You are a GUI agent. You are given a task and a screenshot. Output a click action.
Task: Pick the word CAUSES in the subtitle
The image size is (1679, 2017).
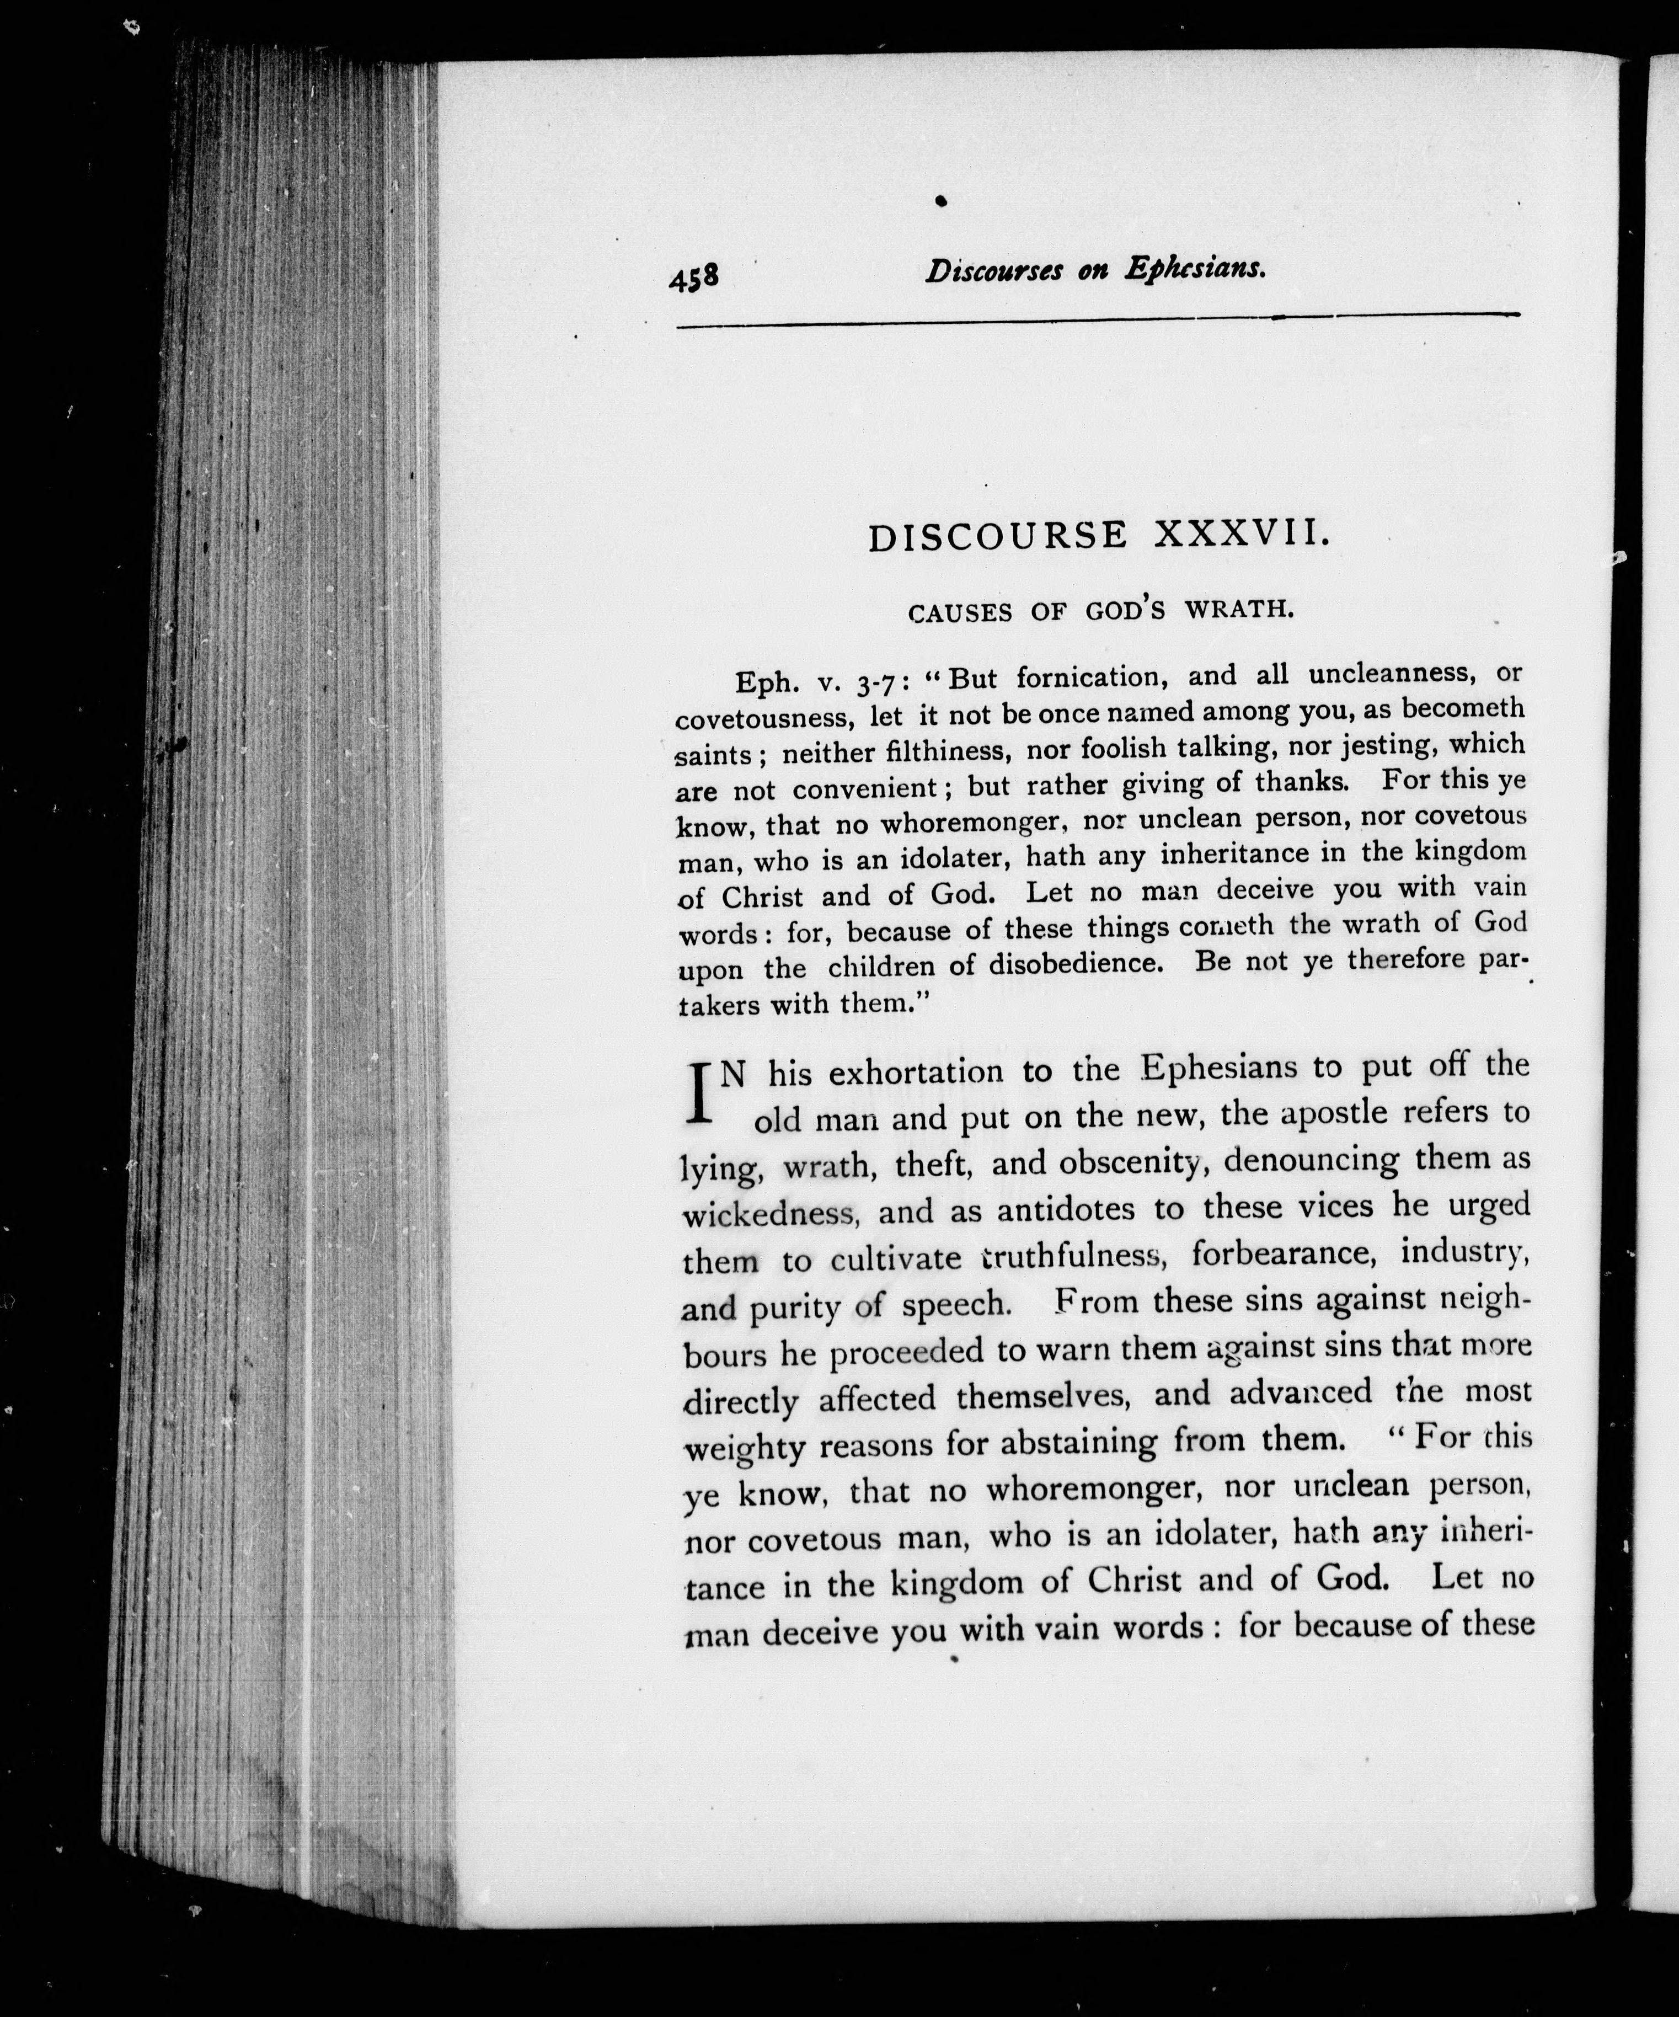tap(960, 613)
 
